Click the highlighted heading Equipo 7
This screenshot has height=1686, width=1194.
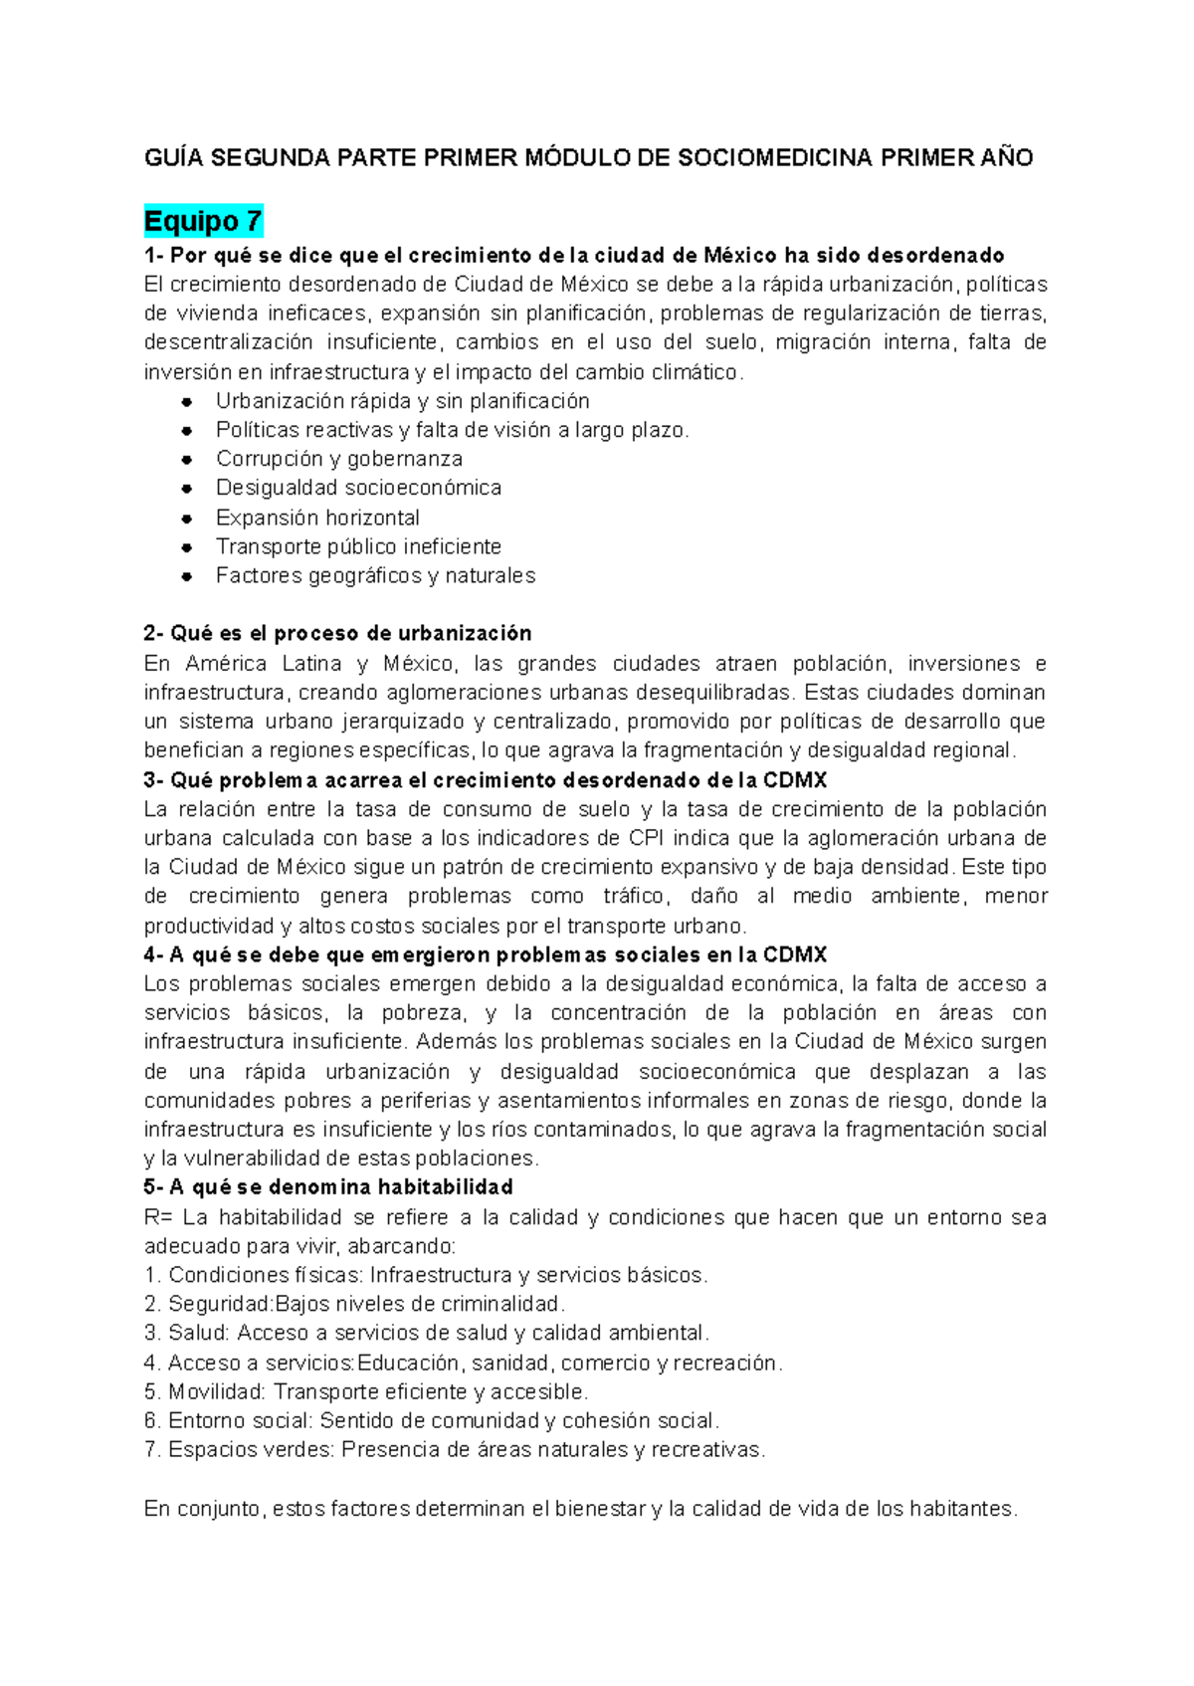click(x=203, y=220)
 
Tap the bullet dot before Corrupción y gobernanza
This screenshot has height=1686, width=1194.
click(x=186, y=460)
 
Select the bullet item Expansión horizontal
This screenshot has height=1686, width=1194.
click(x=317, y=518)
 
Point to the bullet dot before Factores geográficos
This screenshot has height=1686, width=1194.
click(x=186, y=576)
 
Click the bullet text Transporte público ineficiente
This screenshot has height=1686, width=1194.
click(x=358, y=546)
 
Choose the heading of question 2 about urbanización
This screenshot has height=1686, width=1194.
click(x=337, y=634)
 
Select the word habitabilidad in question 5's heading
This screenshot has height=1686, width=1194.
click(x=446, y=1187)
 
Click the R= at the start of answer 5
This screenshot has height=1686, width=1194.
click(x=158, y=1217)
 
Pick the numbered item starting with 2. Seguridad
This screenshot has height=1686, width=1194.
click(x=354, y=1304)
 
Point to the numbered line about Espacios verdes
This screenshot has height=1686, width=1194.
click(x=455, y=1450)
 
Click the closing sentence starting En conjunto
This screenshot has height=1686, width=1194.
click(x=580, y=1509)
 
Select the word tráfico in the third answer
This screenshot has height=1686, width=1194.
click(x=634, y=896)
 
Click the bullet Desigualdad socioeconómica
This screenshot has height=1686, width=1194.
click(x=358, y=488)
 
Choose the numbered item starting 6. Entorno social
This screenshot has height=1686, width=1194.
click(x=431, y=1420)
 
